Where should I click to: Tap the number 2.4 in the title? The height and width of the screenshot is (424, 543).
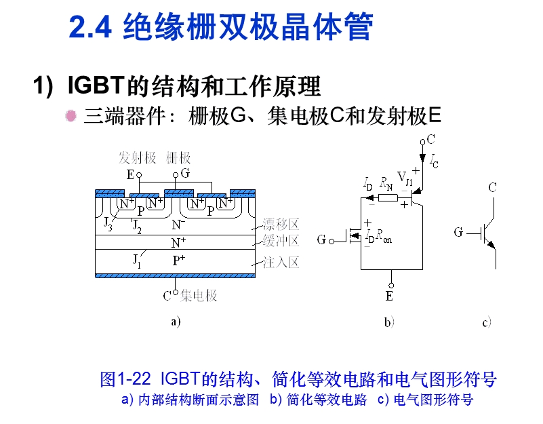click(89, 28)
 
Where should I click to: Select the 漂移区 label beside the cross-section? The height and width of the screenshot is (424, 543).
click(281, 225)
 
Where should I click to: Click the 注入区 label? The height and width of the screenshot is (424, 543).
click(281, 263)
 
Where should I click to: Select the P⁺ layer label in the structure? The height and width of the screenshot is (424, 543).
click(179, 260)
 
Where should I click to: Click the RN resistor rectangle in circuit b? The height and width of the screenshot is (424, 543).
click(388, 197)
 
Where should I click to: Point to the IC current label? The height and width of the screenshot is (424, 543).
click(433, 160)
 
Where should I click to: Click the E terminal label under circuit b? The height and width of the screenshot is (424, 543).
click(390, 296)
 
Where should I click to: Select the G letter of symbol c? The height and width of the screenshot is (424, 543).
click(459, 233)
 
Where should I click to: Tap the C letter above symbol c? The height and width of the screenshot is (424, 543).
click(493, 187)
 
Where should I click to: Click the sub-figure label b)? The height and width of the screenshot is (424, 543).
click(388, 323)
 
